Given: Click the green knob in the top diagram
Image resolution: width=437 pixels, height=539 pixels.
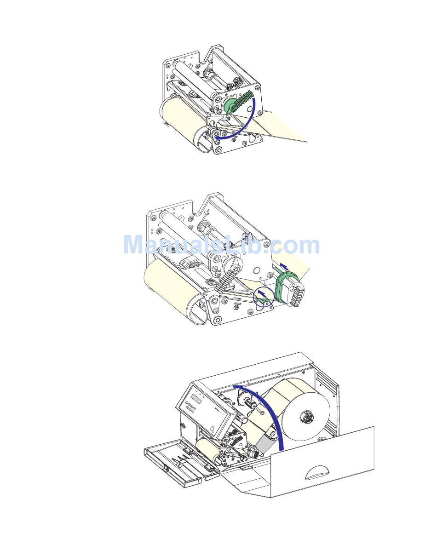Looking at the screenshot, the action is coord(230,105).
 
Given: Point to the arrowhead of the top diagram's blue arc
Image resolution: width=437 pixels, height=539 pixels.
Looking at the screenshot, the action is coord(213,137).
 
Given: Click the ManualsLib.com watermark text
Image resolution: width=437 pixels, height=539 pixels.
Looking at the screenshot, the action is coord(221,245).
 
